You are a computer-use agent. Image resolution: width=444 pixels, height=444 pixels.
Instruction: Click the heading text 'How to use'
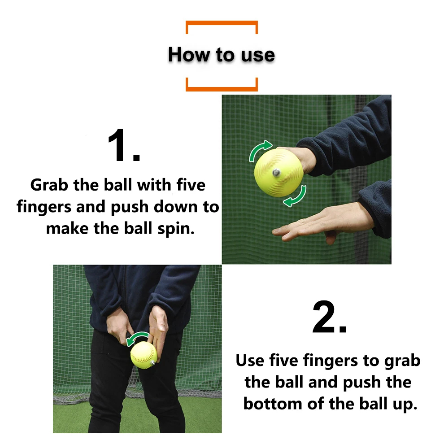pos(222,54)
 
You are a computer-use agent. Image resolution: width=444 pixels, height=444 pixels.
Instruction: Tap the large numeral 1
pos(124,145)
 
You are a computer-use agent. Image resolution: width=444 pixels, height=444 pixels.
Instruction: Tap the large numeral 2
pos(329,317)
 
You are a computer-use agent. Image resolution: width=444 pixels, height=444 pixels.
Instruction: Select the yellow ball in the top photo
pos(279,173)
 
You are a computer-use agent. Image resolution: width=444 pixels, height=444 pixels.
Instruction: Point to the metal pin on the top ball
pos(276,172)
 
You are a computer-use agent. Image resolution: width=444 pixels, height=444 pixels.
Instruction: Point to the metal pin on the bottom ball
pos(152,363)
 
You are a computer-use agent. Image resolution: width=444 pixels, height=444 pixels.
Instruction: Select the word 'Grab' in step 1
pos(49,185)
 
